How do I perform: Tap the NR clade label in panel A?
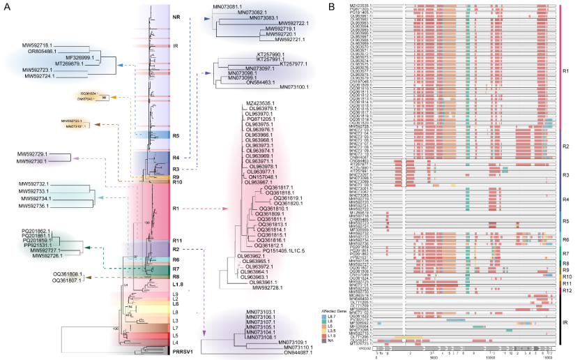click(177, 17)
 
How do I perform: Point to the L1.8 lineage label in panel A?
click(178, 284)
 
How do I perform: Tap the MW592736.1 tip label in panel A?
click(32, 206)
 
